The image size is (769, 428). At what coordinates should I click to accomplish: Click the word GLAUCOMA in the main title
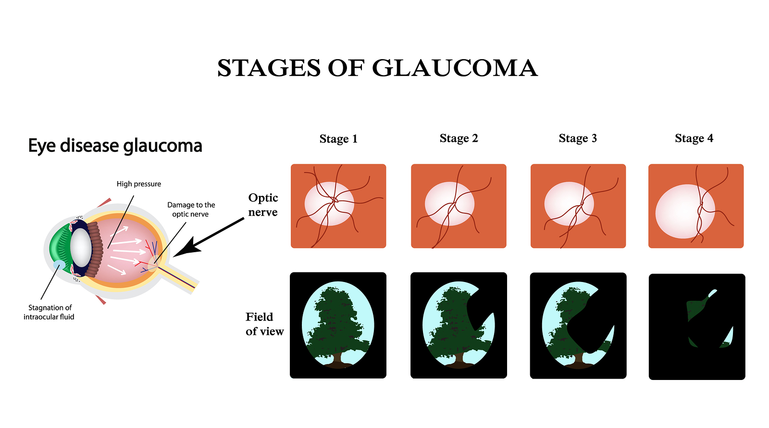(455, 68)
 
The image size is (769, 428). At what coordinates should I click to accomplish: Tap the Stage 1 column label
(338, 139)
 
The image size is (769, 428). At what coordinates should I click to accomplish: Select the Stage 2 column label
(459, 138)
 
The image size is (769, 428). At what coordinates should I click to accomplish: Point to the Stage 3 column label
(578, 138)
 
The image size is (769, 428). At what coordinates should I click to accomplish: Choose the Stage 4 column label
(694, 138)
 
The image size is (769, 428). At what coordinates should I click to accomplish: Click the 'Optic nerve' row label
(263, 205)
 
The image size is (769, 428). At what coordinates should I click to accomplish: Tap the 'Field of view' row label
(265, 324)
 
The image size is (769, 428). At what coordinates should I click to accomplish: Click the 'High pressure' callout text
(139, 184)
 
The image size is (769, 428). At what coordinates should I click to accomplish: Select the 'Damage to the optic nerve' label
(191, 209)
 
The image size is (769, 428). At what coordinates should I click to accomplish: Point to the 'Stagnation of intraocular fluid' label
(49, 312)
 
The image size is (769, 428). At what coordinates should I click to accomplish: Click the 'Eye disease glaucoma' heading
(115, 146)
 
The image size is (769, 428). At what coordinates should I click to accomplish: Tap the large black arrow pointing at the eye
(209, 237)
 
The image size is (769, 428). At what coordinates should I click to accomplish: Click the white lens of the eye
(81, 246)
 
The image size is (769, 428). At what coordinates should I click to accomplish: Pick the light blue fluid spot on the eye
(59, 265)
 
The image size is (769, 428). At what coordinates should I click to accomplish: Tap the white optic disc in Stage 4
(685, 211)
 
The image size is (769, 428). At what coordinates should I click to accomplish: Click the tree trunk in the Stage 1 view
(337, 358)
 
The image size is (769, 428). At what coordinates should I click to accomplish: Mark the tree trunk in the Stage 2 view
(457, 358)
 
